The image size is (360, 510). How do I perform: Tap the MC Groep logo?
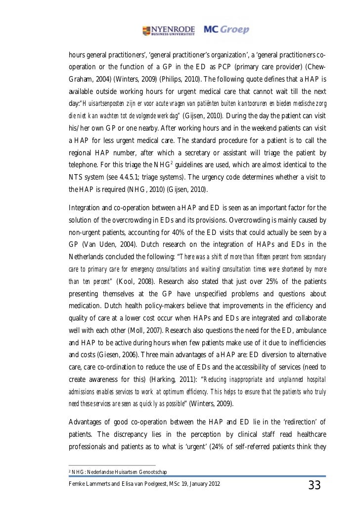(227, 30)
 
